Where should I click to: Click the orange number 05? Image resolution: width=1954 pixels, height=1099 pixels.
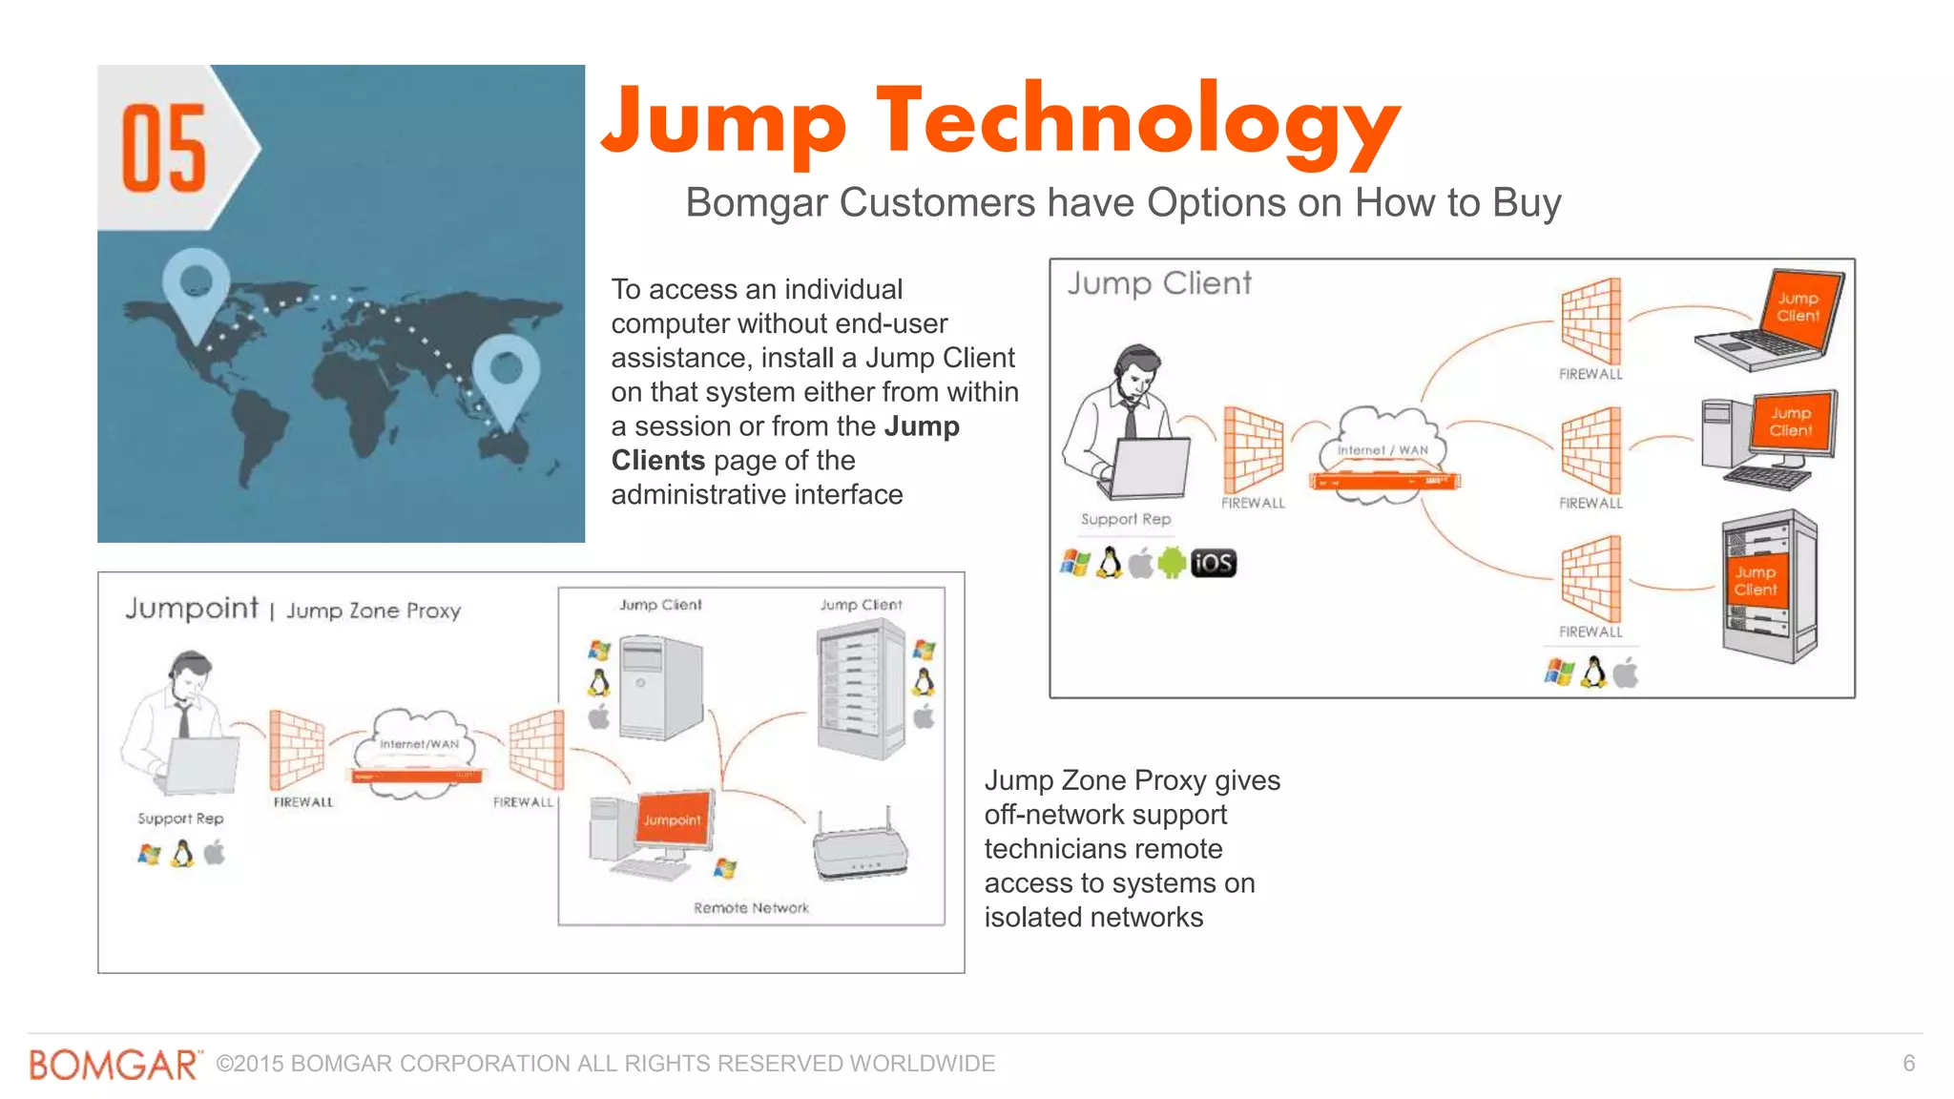click(163, 149)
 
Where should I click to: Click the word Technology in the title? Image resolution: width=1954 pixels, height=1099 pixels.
click(1137, 122)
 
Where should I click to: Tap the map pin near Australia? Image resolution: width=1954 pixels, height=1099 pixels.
click(506, 373)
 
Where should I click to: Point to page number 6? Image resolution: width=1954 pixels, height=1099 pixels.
click(1908, 1063)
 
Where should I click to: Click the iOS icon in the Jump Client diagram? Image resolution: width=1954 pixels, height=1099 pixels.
click(1213, 563)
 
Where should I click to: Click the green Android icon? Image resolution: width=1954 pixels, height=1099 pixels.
click(1172, 563)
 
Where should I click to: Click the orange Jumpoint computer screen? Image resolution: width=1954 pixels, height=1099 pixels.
click(673, 819)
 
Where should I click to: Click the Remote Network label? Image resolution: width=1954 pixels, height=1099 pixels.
click(751, 907)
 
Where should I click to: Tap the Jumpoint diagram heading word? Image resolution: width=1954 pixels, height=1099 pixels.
click(192, 608)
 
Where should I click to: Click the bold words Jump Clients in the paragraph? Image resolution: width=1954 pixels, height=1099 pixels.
click(784, 443)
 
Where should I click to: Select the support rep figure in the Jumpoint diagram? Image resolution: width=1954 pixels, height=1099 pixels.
click(181, 725)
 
